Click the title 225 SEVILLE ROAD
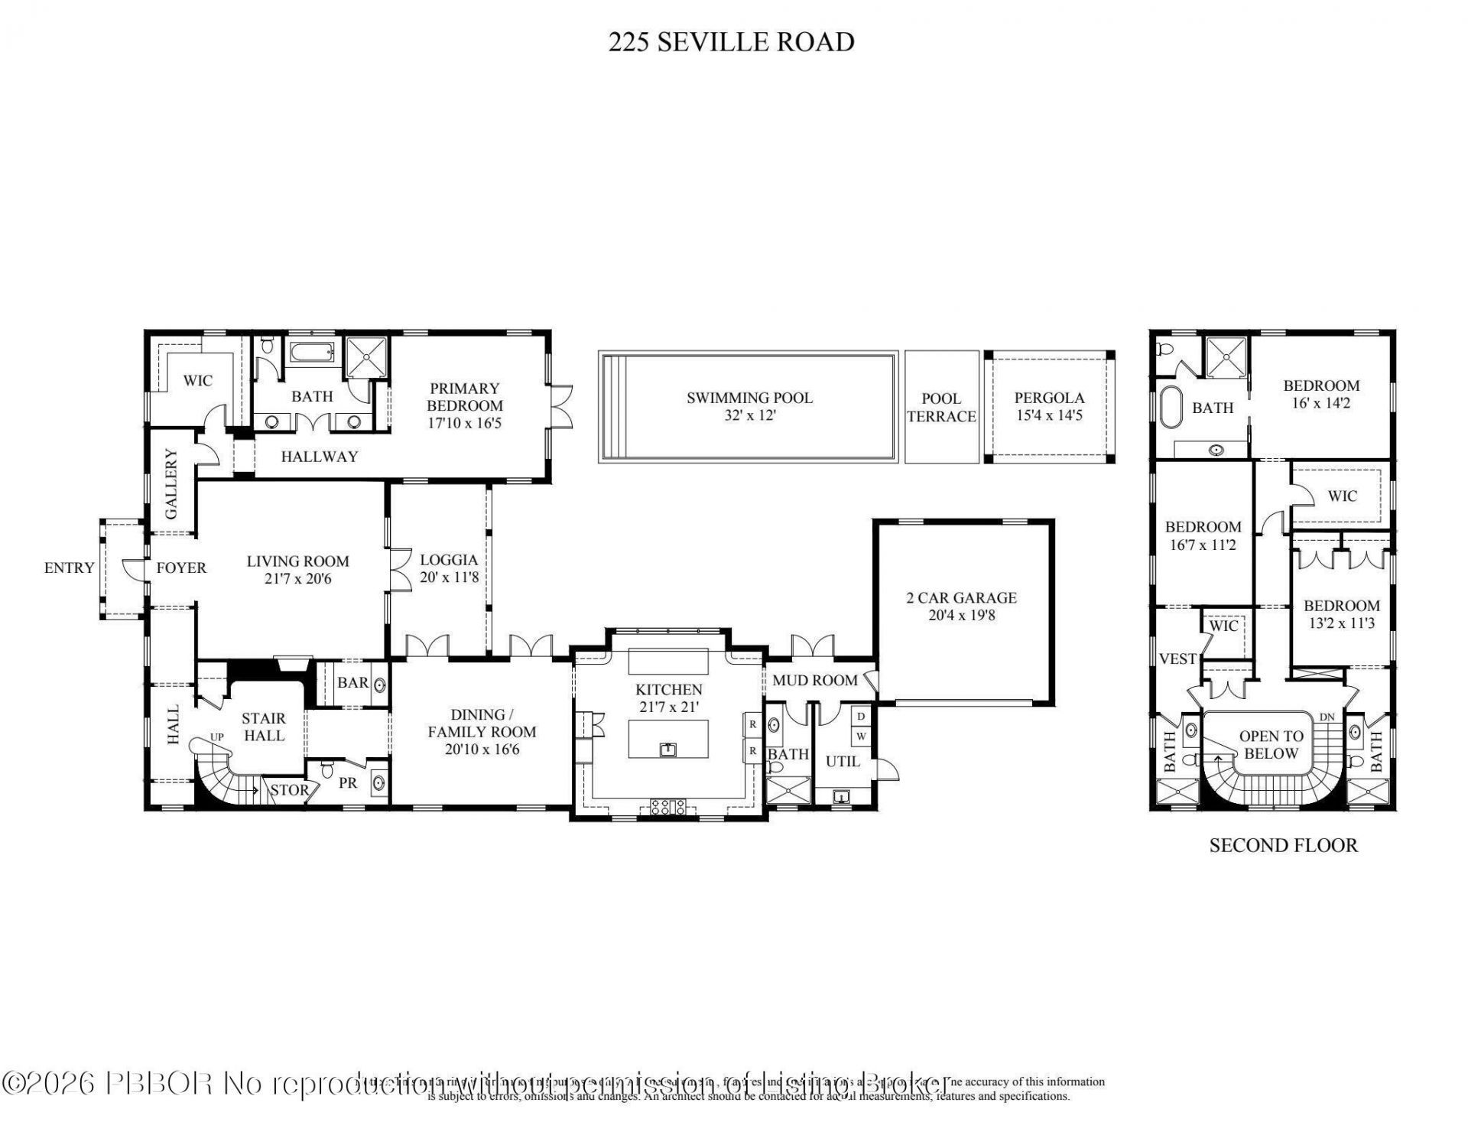point(731,41)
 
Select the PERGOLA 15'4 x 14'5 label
point(1049,406)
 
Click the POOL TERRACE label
point(941,408)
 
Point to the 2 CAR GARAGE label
point(961,607)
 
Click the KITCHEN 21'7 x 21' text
point(668,698)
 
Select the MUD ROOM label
point(814,680)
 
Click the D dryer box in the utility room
point(861,717)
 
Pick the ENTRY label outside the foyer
point(69,567)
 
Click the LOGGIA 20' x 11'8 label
point(449,568)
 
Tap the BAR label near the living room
point(352,682)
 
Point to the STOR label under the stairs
point(290,790)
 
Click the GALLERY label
point(170,484)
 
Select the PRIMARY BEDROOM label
point(464,405)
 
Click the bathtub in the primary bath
point(311,353)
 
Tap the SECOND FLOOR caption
point(1283,845)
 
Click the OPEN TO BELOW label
point(1271,744)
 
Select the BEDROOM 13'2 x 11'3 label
point(1341,614)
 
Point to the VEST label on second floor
point(1177,659)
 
